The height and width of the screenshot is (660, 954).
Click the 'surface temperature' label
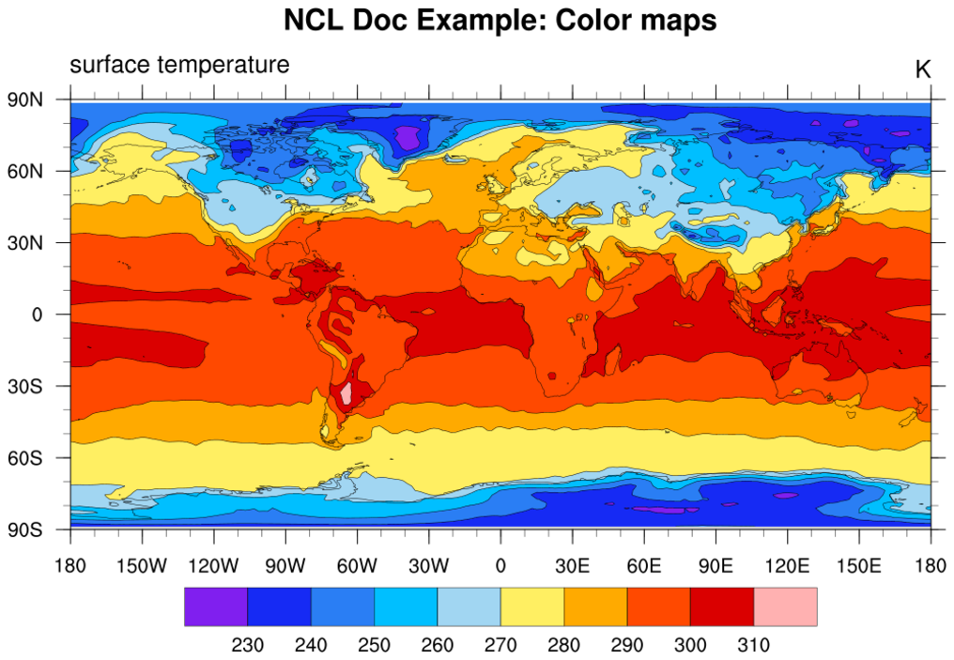tap(179, 65)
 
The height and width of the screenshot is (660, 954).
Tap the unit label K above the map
tap(922, 69)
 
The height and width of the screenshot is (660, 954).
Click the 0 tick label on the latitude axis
tap(38, 315)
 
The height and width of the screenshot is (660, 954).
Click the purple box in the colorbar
tap(216, 606)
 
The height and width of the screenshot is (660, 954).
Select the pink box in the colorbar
tap(785, 606)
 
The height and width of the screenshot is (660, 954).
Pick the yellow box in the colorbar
tap(531, 606)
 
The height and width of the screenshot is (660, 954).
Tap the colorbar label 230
tap(248, 645)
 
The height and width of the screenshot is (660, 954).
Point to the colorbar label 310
tap(754, 645)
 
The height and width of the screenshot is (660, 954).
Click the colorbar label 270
tap(500, 645)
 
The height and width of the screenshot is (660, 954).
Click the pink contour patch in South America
tap(346, 393)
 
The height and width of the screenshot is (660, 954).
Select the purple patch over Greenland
tap(408, 137)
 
